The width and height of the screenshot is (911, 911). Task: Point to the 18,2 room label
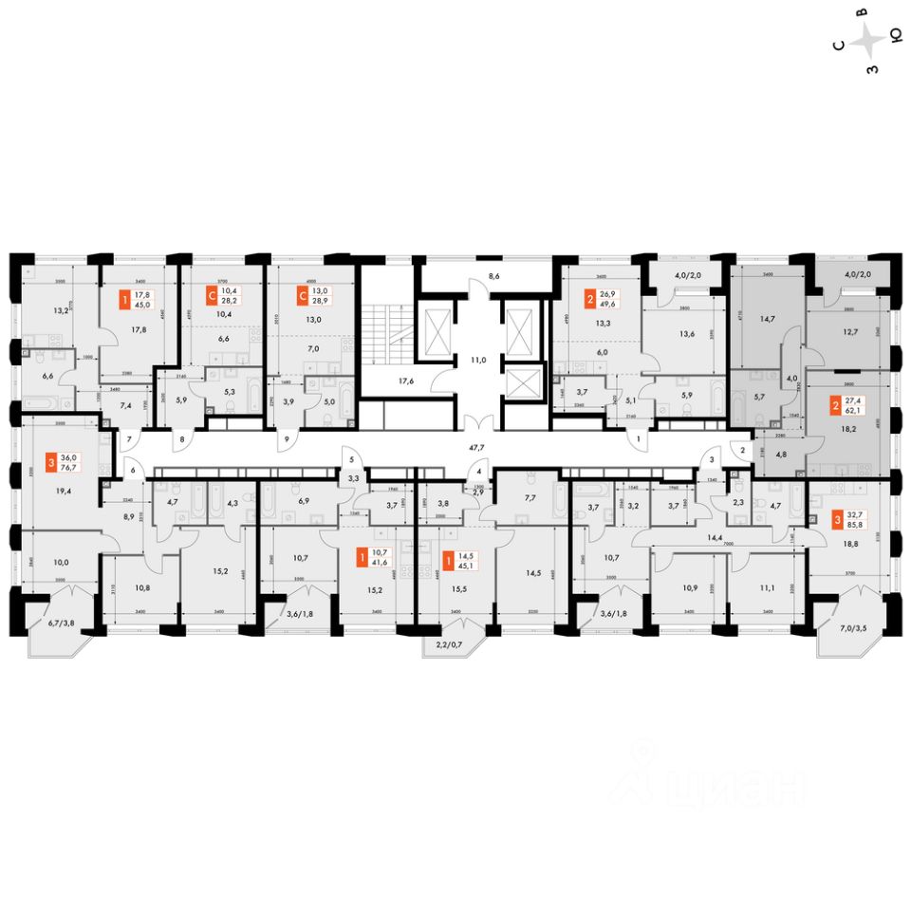(x=837, y=428)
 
